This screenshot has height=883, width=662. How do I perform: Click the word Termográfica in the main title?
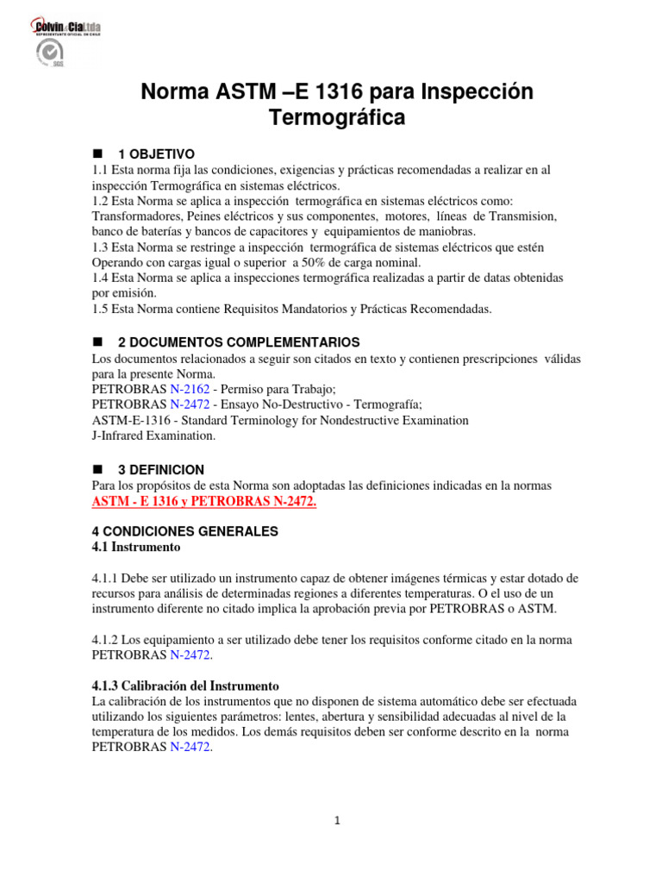click(x=337, y=118)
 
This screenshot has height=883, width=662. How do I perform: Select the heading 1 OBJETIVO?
click(x=162, y=153)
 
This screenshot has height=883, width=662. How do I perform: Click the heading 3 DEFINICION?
click(x=166, y=470)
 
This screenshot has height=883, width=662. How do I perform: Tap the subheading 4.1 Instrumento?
click(x=136, y=547)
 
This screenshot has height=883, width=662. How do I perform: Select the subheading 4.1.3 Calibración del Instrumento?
click(x=185, y=686)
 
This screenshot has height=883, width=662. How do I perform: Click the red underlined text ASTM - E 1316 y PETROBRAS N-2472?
click(x=204, y=502)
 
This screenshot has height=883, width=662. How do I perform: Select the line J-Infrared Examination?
click(x=153, y=435)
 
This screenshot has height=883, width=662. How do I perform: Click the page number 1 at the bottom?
click(x=338, y=821)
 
